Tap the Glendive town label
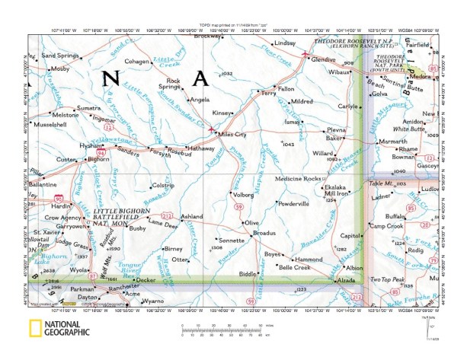[324, 59]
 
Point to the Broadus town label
[264, 232]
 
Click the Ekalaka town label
[335, 186]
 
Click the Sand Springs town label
[59, 56]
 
